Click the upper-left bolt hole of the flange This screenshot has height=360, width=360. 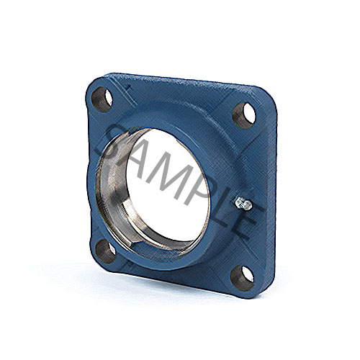(102, 99)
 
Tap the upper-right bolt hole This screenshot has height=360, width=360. (243, 116)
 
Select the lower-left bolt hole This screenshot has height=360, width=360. (106, 251)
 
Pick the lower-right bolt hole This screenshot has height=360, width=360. (242, 278)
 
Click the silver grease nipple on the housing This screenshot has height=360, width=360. (243, 204)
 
